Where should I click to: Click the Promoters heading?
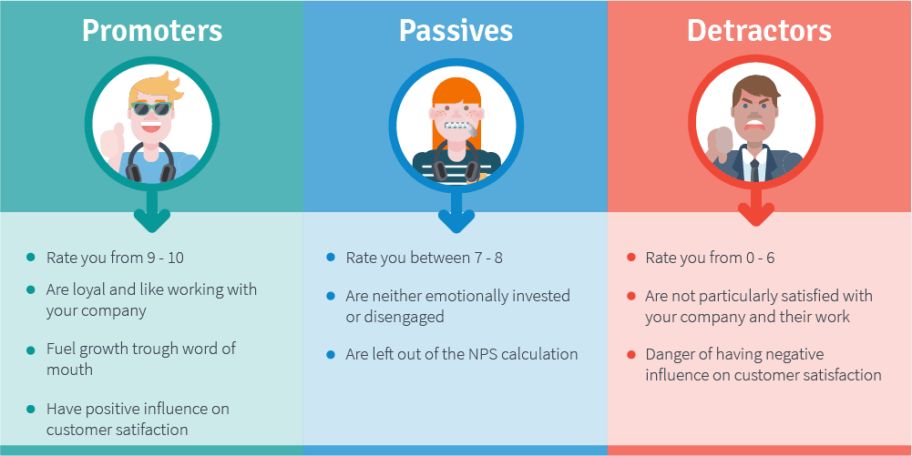pyautogui.click(x=152, y=31)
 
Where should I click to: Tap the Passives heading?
pyautogui.click(x=456, y=31)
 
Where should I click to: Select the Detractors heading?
pyautogui.click(x=759, y=31)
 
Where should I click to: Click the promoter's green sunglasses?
pyautogui.click(x=152, y=108)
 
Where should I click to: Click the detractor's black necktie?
pyautogui.click(x=754, y=169)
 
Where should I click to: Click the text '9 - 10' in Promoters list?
pyautogui.click(x=166, y=258)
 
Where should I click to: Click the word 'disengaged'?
pyautogui.click(x=395, y=317)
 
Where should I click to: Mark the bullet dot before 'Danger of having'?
pyautogui.click(x=631, y=354)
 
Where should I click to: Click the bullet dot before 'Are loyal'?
pyautogui.click(x=31, y=289)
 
